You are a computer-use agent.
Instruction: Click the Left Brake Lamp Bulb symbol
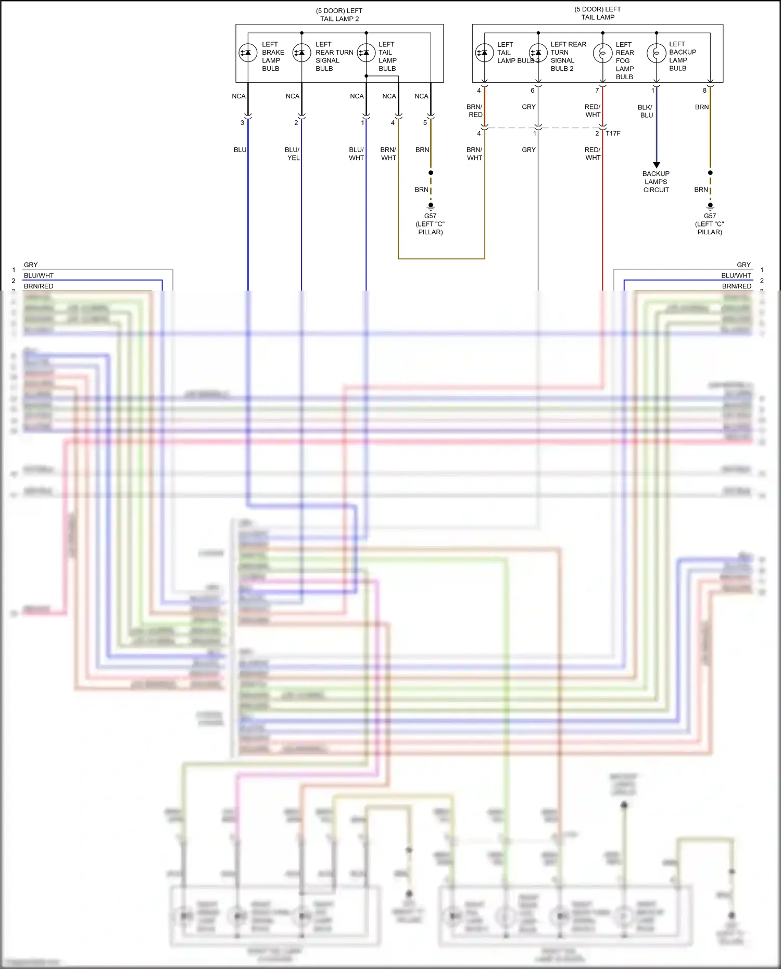tap(248, 53)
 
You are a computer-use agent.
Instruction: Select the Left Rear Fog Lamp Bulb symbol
tap(602, 53)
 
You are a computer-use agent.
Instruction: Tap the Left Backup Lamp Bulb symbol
tap(656, 53)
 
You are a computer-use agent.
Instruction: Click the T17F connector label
tap(613, 133)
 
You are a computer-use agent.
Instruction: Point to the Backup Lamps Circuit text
tap(656, 182)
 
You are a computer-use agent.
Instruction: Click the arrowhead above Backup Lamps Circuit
tap(657, 165)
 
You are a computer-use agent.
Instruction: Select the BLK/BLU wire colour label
tap(646, 111)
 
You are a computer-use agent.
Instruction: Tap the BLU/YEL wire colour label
tap(293, 154)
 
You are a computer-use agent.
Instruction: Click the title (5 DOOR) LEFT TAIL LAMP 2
tap(339, 15)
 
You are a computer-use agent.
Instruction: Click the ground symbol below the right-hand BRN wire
tap(710, 206)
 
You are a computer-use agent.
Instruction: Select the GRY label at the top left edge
tap(31, 265)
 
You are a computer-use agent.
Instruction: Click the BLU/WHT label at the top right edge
tap(736, 275)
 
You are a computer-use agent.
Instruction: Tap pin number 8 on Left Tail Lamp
tap(704, 91)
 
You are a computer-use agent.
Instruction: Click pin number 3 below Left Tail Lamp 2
tap(242, 123)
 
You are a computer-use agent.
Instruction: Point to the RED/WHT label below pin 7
tap(593, 111)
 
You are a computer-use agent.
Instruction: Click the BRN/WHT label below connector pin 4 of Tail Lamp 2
tap(388, 154)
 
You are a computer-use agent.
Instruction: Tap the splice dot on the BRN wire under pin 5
tap(431, 173)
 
